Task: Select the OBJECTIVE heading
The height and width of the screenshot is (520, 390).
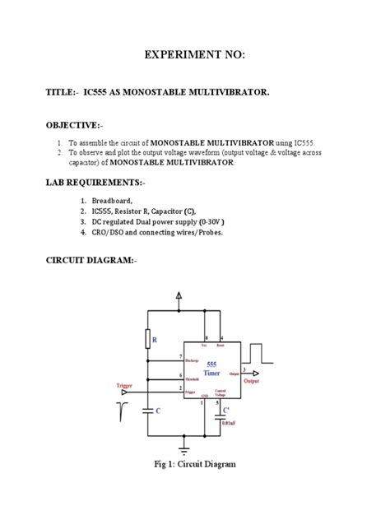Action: [x=76, y=124]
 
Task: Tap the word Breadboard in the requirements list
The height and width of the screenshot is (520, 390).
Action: [x=114, y=200]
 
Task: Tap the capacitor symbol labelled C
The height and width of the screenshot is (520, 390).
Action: [x=149, y=410]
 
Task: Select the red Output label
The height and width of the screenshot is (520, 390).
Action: [x=253, y=381]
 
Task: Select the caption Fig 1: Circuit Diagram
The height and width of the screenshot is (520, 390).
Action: [x=195, y=465]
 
